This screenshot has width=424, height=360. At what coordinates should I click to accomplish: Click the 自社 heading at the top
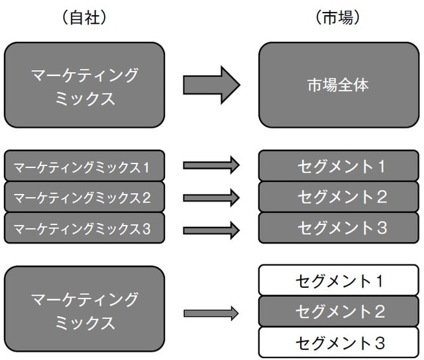point(84,19)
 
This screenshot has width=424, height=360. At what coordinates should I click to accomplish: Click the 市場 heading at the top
point(338,19)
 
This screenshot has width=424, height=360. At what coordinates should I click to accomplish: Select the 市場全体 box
point(339,85)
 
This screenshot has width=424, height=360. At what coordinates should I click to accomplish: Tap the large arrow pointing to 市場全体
point(211,85)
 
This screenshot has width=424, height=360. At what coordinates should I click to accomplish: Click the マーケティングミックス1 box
point(84,165)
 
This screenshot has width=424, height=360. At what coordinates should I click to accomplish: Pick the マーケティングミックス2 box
point(84,197)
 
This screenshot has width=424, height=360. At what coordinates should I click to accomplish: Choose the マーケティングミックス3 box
point(84,228)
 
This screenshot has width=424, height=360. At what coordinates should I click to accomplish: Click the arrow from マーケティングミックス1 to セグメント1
point(211,165)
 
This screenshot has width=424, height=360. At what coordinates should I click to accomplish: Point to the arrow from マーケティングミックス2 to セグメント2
point(211,197)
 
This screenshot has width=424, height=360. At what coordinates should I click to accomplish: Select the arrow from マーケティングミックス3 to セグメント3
point(211,230)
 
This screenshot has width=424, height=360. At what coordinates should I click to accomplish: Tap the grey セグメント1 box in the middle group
point(339,165)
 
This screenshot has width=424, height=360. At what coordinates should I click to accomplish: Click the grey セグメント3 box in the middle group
point(339,228)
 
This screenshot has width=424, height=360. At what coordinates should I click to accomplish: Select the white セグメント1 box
point(339,281)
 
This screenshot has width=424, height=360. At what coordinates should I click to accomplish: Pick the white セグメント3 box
point(339,342)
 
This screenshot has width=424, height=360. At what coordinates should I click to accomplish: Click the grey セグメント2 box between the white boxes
point(339,311)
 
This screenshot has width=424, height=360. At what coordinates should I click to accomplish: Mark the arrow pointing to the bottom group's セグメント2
point(211,313)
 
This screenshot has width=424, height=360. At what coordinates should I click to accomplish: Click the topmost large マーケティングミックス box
point(84,85)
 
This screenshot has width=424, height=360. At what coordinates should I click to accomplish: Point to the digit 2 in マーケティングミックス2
point(146,197)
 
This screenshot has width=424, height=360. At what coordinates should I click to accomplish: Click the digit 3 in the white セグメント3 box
point(379,343)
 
